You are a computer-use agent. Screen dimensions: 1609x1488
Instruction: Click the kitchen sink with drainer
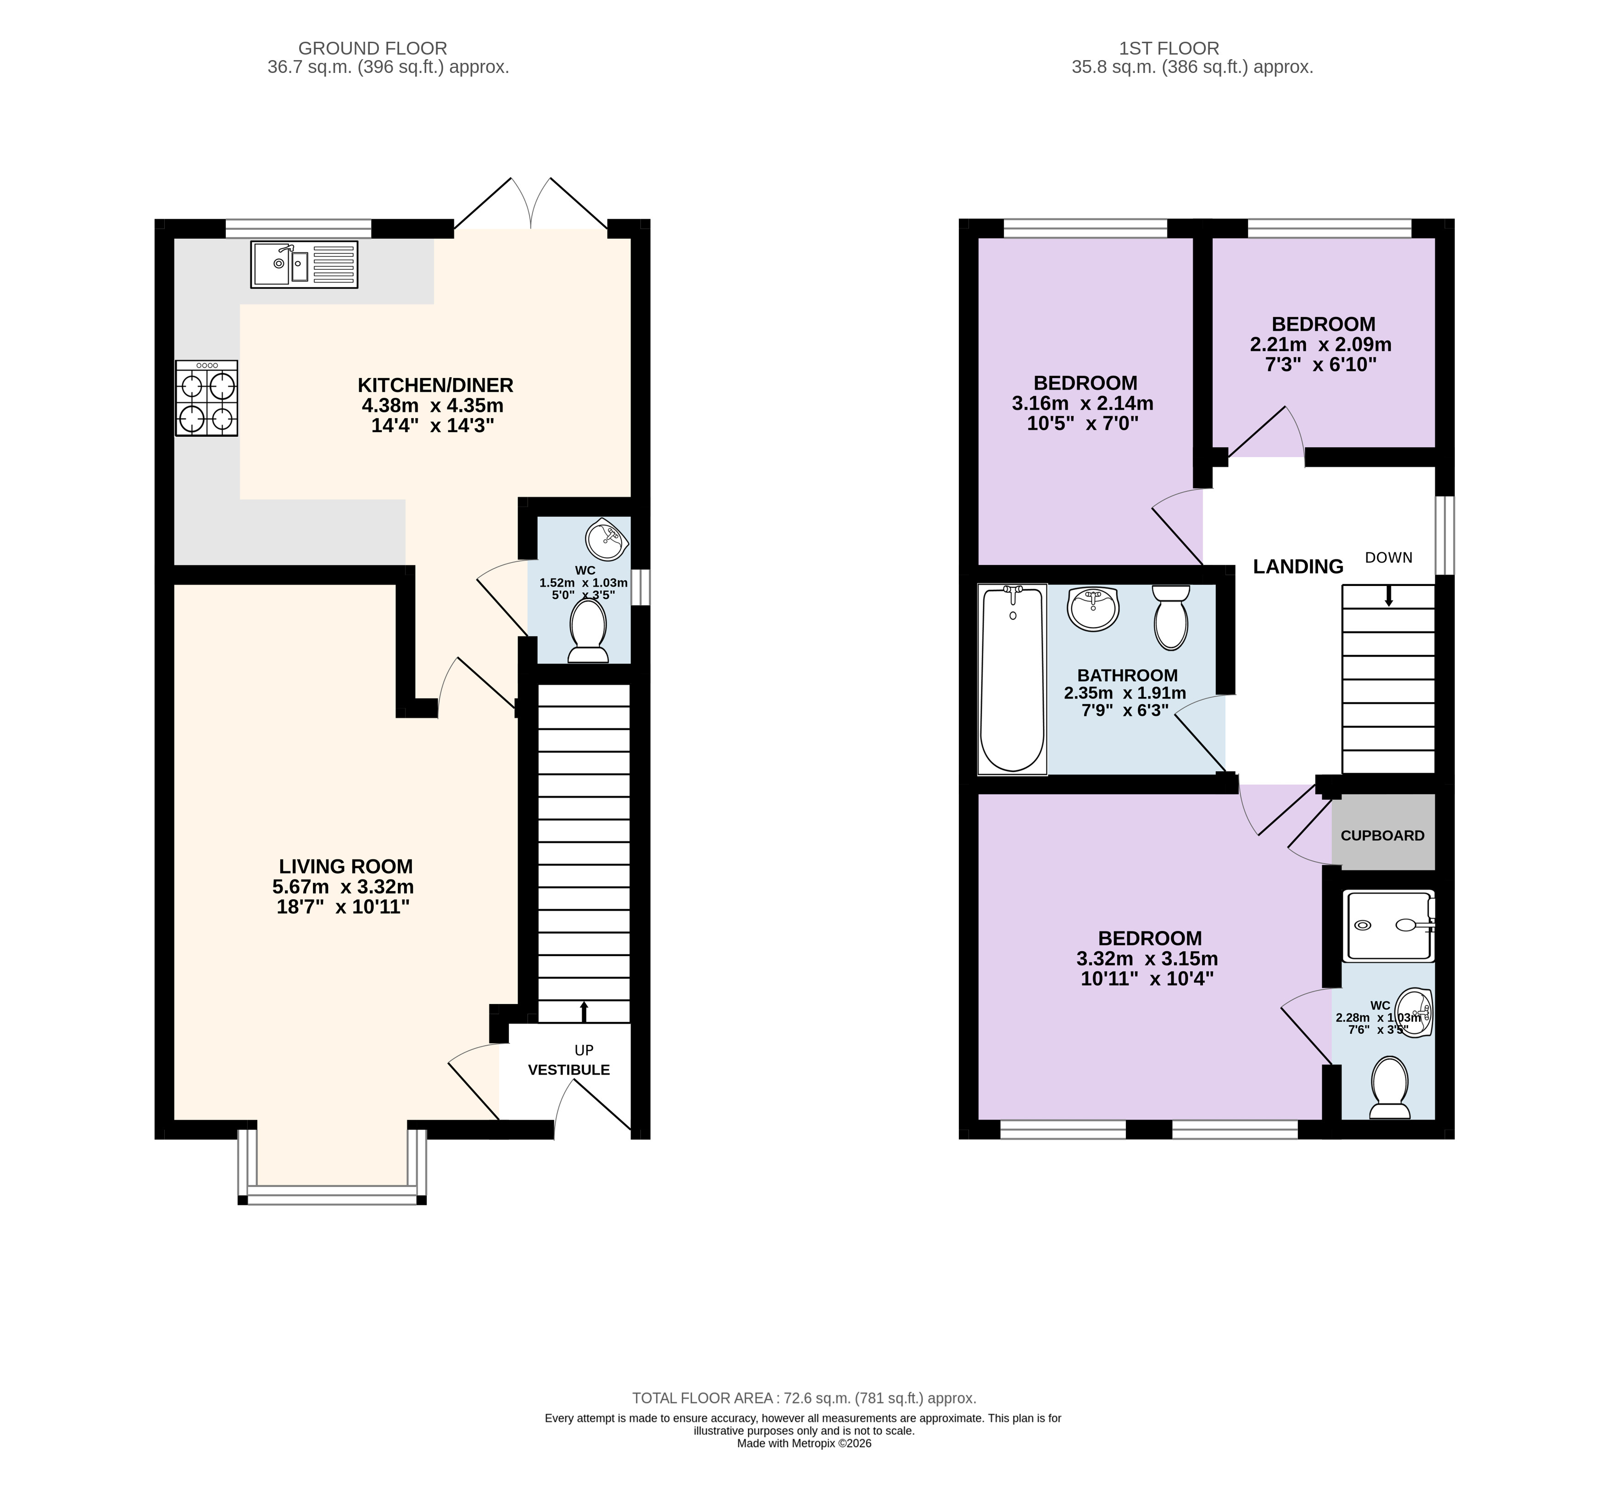[x=304, y=264]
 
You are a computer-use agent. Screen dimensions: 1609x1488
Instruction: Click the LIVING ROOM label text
[x=345, y=866]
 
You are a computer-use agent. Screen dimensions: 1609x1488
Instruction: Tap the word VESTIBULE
[x=568, y=1070]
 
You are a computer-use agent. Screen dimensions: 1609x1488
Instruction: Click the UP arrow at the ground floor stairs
[x=584, y=1012]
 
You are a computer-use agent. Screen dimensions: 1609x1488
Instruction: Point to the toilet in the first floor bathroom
[x=1171, y=617]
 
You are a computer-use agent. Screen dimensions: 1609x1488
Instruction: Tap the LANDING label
[x=1298, y=567]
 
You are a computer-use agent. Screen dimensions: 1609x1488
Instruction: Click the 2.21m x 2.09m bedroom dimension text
[x=1321, y=345]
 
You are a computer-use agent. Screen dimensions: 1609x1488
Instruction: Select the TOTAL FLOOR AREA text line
[x=804, y=1399]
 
